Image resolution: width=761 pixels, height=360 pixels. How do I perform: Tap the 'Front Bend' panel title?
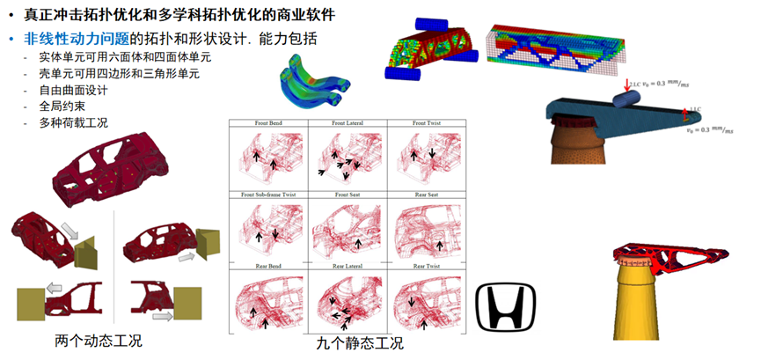coord(267,124)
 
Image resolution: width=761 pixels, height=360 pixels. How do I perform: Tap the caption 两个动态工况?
coord(99,341)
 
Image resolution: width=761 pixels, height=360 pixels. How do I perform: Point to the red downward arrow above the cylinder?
coord(627,85)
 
